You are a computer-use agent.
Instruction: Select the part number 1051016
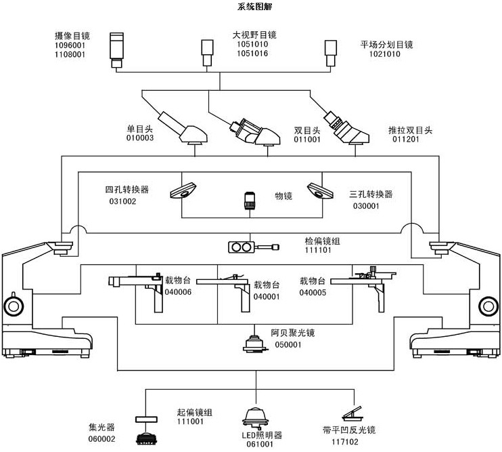251,54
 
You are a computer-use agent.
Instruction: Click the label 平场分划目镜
386,45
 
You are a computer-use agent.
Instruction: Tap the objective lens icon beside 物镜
248,201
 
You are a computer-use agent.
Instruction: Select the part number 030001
366,205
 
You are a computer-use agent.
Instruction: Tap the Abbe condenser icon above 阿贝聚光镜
255,344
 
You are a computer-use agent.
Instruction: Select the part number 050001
288,345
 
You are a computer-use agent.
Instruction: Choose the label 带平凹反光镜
348,430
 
